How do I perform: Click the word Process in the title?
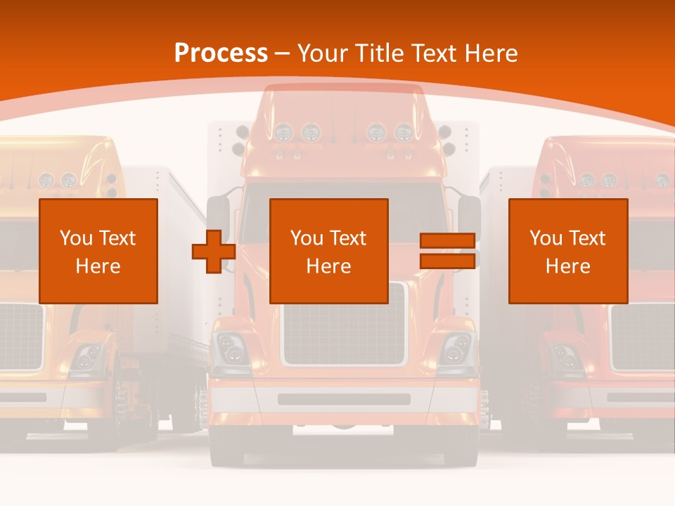221,53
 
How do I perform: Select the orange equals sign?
447,251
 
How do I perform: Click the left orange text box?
98,251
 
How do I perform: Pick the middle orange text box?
328,251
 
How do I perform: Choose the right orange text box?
567,251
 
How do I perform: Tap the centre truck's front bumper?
344,399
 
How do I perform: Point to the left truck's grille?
20,336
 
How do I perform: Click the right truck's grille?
642,336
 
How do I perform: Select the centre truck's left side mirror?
219,214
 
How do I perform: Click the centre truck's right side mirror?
469,214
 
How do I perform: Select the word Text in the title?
431,53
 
